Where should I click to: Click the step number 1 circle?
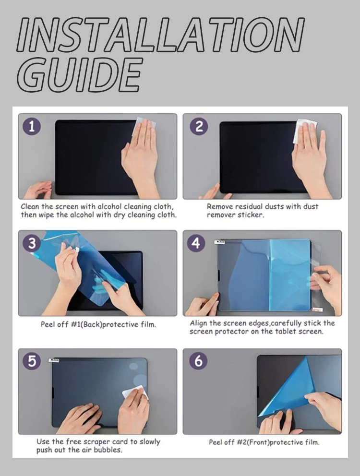32,127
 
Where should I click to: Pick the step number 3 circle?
32,243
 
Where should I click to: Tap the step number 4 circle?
196,243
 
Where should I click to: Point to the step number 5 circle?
32,361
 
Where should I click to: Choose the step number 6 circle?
198,361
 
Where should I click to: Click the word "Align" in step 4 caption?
199,323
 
